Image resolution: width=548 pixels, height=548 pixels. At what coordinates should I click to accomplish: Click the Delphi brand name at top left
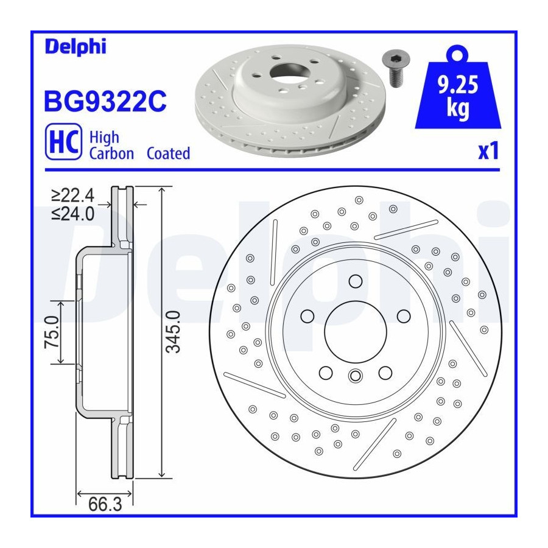click(76, 46)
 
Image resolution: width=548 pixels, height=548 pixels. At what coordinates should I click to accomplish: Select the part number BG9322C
click(105, 101)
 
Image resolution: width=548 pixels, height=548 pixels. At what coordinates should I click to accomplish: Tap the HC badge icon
click(63, 141)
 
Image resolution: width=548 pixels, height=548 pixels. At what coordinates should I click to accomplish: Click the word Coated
click(168, 153)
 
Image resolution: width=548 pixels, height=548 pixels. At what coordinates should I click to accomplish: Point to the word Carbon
click(111, 153)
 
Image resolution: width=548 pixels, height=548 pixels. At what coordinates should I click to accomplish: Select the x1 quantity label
click(488, 151)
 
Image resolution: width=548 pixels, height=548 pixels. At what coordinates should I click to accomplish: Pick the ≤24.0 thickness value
click(73, 214)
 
